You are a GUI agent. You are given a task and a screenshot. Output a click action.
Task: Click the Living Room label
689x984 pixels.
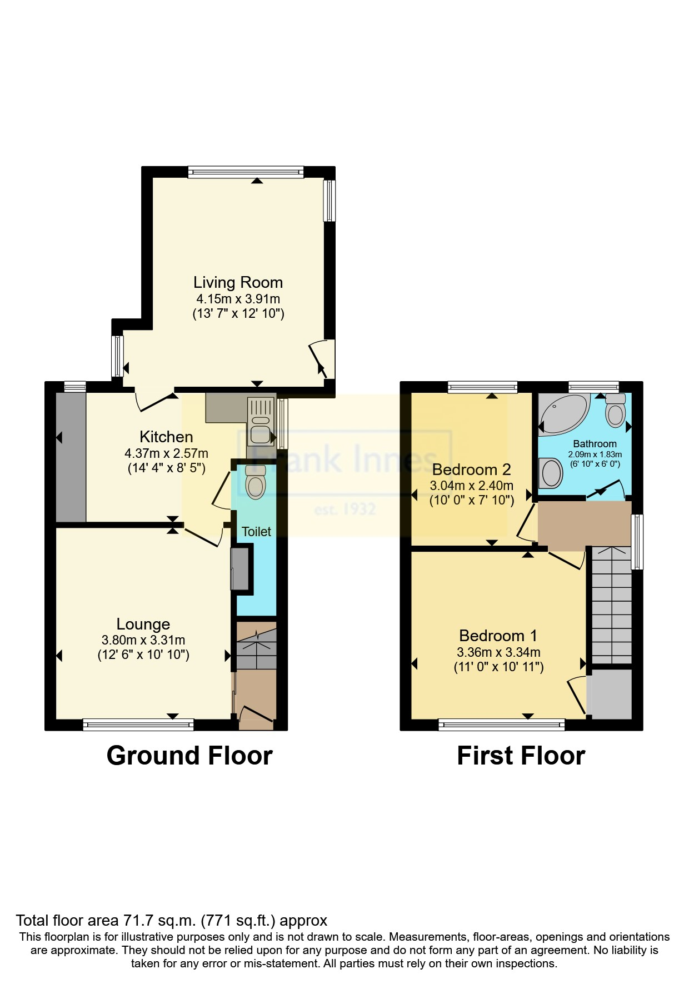coord(238,282)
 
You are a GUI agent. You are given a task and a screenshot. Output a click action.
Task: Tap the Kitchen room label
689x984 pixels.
coord(166,437)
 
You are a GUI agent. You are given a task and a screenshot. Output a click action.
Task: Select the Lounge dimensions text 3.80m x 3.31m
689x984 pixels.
coord(143,640)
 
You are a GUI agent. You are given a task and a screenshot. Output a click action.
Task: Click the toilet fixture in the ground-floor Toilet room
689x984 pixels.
coord(256,482)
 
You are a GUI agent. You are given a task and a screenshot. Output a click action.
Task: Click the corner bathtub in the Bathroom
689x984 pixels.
coord(562,414)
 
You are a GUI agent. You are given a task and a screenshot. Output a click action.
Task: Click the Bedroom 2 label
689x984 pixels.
coord(471,469)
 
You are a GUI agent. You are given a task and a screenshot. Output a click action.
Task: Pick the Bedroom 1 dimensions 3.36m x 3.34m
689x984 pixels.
coord(498,652)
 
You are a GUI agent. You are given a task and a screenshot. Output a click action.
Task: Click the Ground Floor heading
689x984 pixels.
coord(189,756)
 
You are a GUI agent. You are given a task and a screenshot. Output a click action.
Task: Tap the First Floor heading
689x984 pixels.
coord(521,756)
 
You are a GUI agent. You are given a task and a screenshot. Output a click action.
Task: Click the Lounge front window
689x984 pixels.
coord(138,724)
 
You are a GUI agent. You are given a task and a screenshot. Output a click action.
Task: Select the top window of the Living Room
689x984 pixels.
coord(246,171)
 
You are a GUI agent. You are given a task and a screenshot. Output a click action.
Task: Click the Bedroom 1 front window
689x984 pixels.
coord(501,724)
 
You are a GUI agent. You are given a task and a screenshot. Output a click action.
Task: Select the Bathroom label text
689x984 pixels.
coord(595,444)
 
